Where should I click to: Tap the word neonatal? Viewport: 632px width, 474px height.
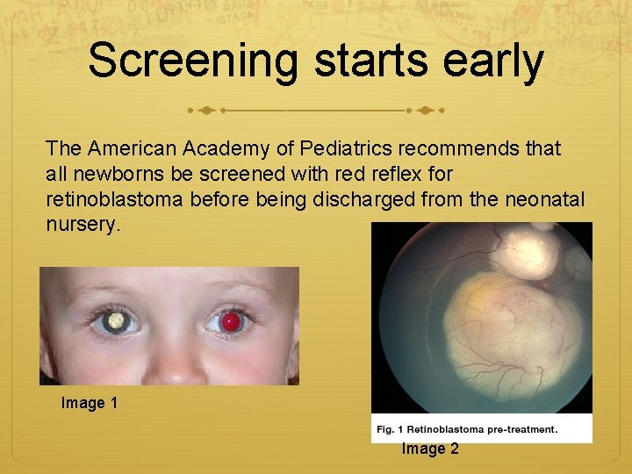pos(544,200)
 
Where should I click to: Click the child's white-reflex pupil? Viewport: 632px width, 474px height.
pos(114,321)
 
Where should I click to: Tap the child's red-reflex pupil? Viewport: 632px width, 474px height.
pos(231,322)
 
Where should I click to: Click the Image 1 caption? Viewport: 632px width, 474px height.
pos(90,403)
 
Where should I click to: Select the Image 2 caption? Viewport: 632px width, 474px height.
pos(430,449)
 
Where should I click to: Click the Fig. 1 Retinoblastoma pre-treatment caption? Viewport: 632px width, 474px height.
pos(467,429)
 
